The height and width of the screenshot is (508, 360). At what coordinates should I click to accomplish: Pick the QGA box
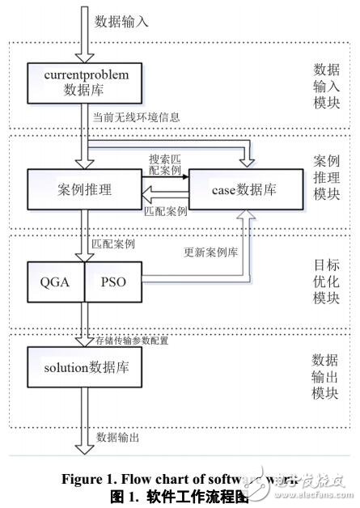(x=55, y=282)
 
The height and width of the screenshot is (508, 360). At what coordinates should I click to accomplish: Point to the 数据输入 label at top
(x=122, y=21)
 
